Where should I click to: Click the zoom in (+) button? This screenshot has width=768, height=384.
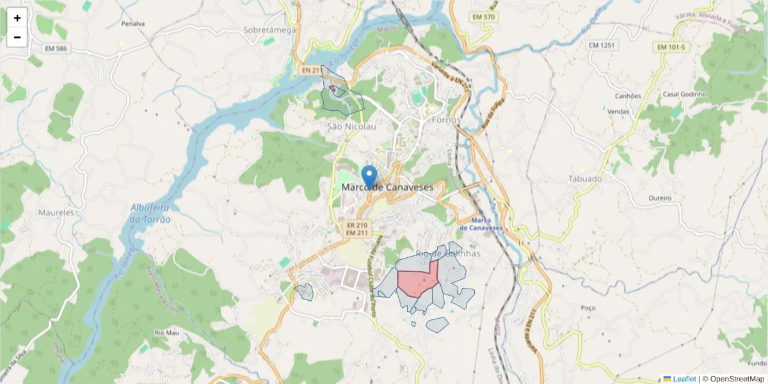pos(17,18)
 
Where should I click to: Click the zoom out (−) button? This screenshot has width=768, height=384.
pos(17,37)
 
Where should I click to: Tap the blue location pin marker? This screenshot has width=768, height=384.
pos(369,177)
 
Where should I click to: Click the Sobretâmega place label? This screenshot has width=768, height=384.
pos(269,29)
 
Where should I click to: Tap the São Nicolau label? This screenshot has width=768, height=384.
pos(351,127)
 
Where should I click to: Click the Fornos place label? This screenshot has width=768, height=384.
pos(446,120)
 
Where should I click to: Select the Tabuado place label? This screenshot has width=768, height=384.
pos(585,179)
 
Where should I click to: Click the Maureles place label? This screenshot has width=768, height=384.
pos(56,212)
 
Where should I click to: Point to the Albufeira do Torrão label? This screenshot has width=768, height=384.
pos(151,213)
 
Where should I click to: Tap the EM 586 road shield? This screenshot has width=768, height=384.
pos(56,48)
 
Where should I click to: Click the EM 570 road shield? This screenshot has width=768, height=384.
pos(483,17)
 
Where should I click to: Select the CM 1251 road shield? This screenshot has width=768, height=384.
pos(602,45)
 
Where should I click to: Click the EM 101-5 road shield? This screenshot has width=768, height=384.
pos(670,47)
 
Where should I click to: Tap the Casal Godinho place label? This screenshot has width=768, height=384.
pos(684,94)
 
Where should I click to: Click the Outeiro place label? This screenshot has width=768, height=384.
pos(660,198)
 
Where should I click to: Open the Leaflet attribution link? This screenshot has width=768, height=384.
pos(684,379)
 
